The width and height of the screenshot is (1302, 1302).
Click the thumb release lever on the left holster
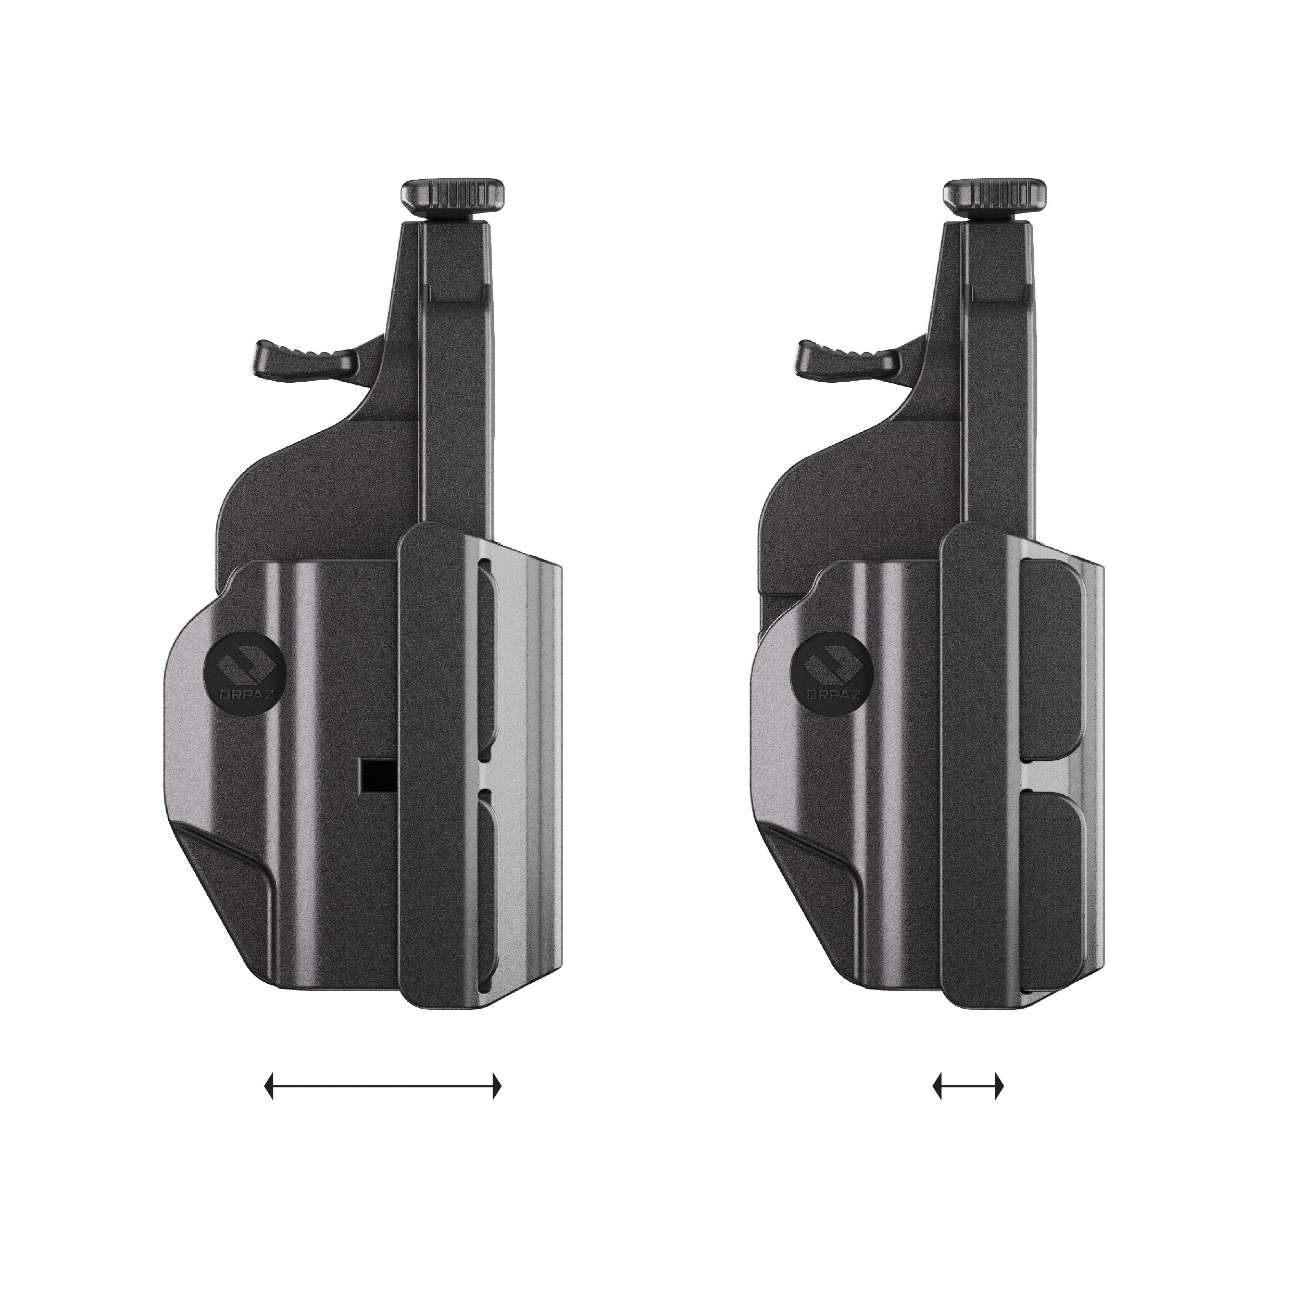pos(307,357)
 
